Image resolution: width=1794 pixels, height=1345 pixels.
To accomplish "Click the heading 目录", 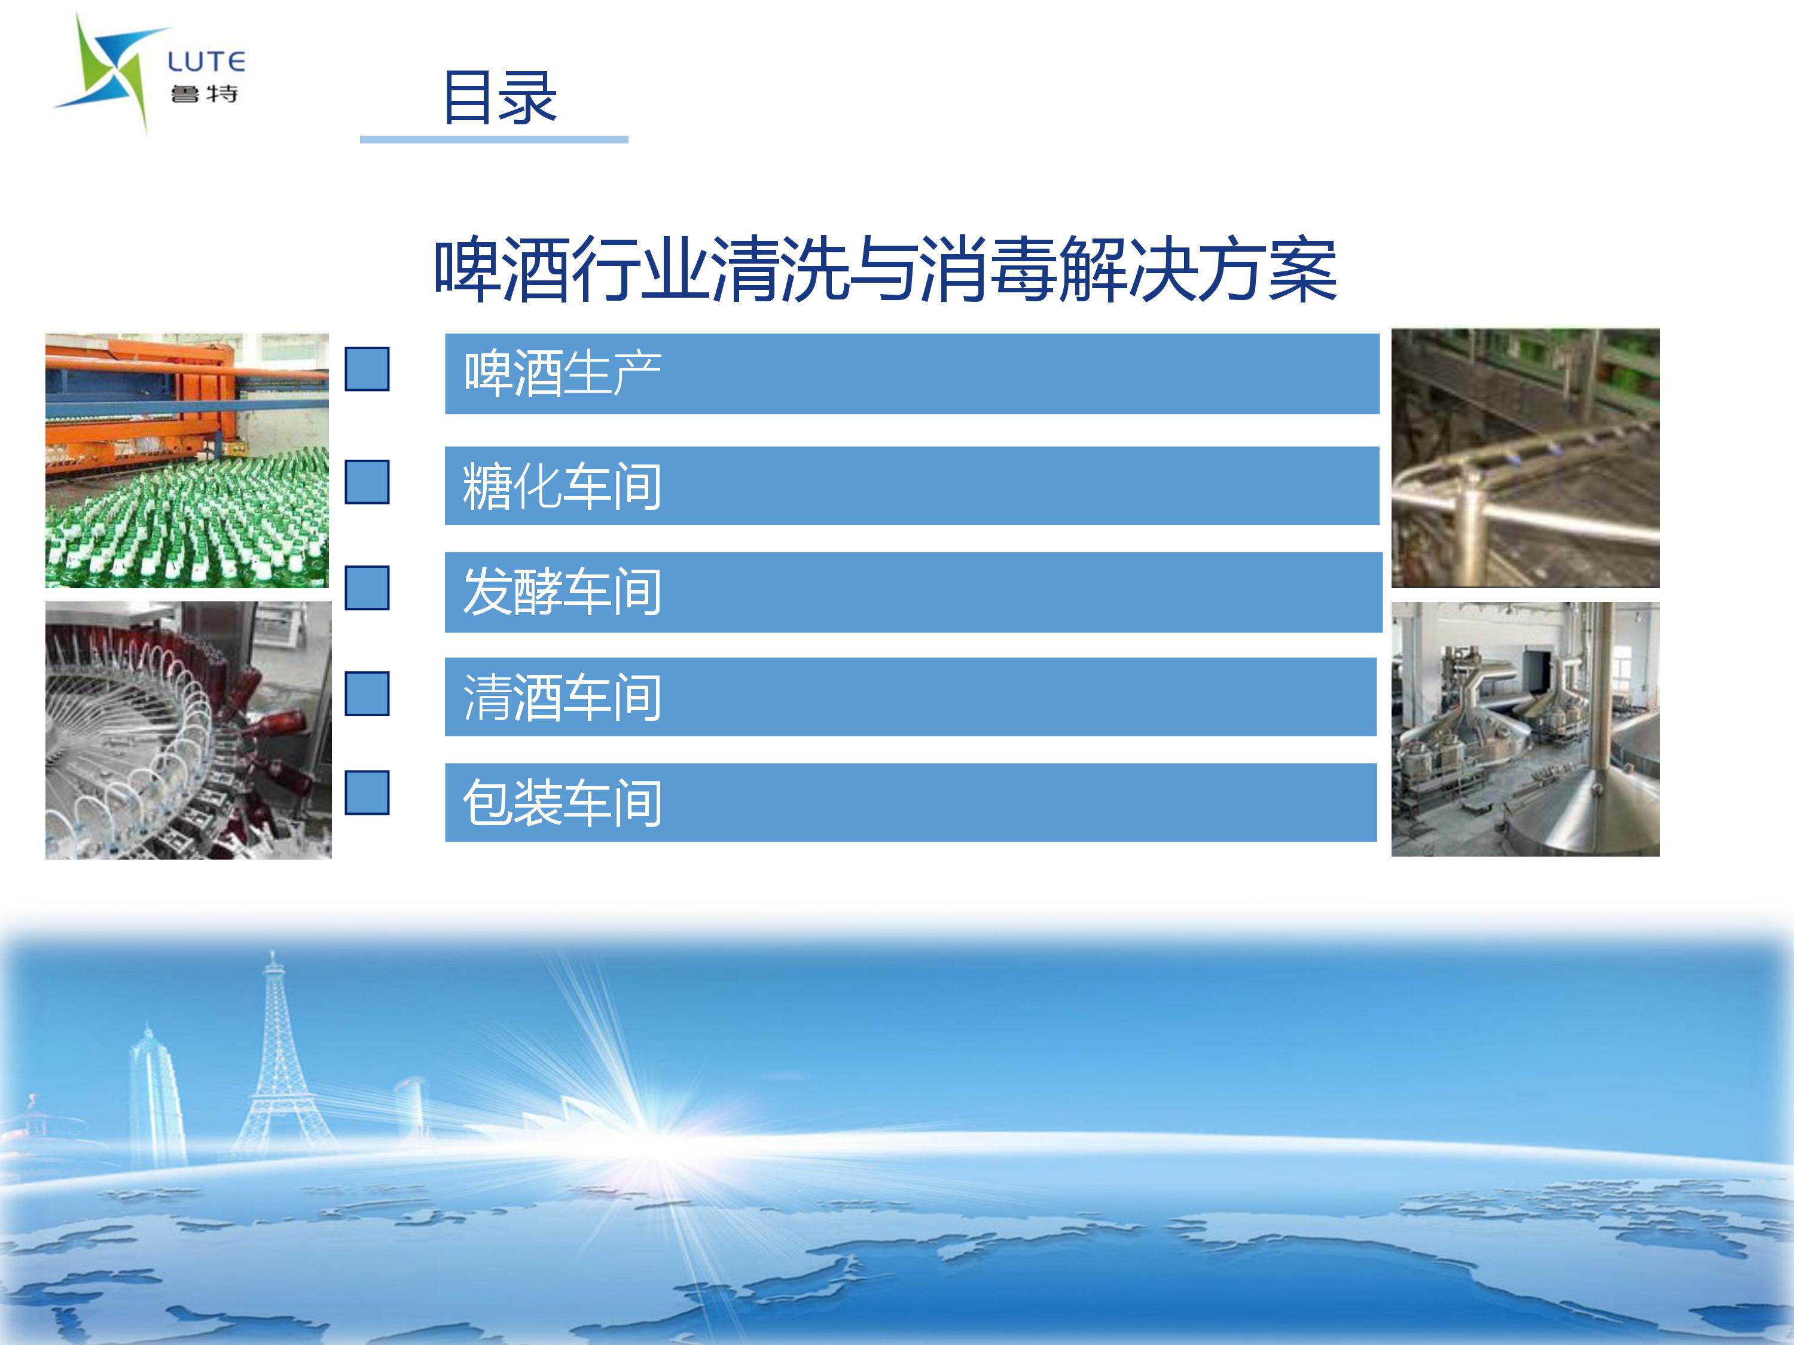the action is [499, 97].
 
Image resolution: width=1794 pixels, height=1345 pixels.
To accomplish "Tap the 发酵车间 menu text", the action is [562, 591].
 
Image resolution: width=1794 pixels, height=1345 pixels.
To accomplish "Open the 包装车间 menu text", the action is [562, 803].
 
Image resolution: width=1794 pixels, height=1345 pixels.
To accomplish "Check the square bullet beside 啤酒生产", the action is [367, 369].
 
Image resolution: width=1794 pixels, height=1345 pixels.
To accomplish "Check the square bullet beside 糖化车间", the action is [367, 482].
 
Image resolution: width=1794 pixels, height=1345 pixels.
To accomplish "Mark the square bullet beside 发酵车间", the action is [367, 587].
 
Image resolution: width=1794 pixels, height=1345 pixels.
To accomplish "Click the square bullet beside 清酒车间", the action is [367, 693].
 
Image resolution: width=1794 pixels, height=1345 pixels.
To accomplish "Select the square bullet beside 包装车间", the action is [367, 792].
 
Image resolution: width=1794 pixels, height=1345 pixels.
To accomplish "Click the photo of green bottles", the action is [187, 460].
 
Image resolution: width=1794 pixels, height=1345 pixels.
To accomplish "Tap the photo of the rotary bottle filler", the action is [188, 730].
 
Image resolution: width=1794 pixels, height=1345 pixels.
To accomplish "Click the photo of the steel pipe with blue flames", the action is [1525, 458].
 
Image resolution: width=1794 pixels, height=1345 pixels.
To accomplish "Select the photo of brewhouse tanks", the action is [1525, 729].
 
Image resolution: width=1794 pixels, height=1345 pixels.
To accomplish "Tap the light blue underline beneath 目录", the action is [494, 139].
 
